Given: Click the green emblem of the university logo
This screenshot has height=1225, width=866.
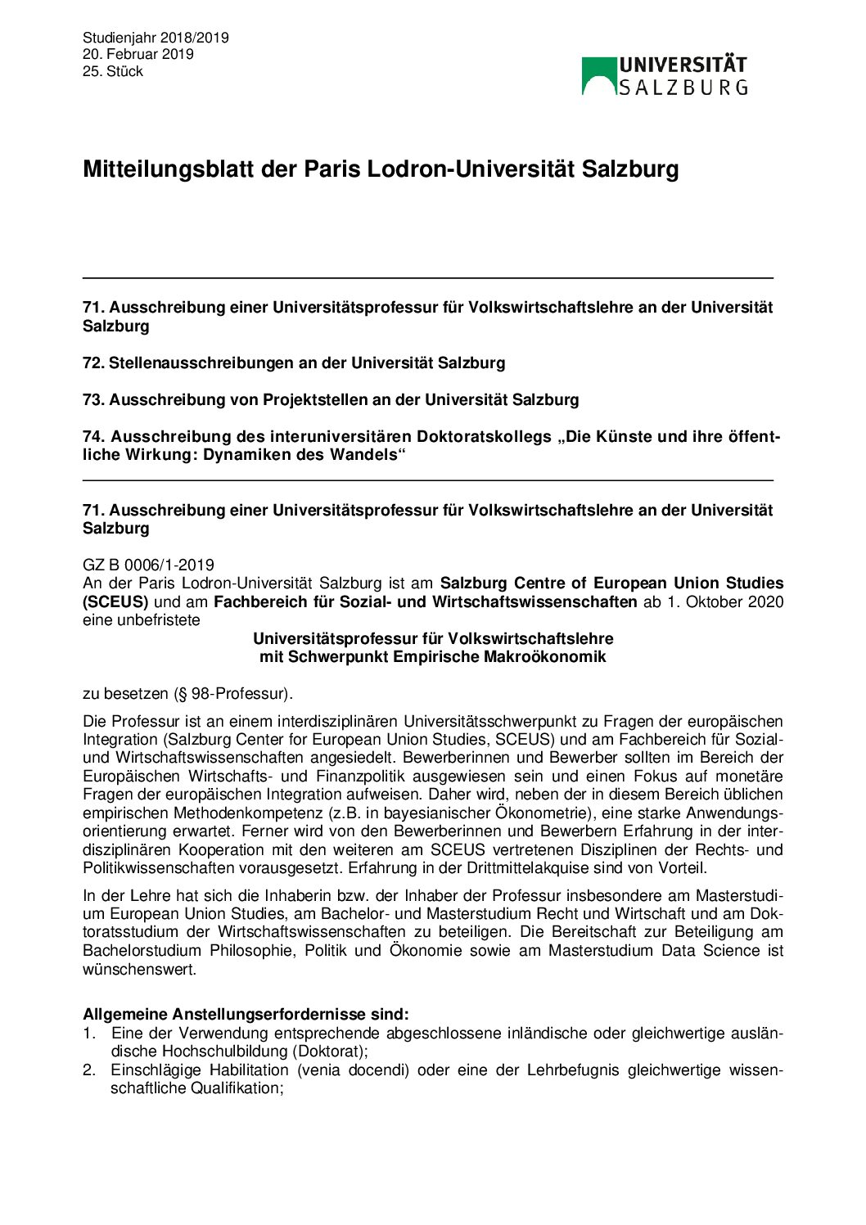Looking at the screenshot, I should [598, 75].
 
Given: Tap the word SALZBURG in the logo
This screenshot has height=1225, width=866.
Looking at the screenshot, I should [683, 88].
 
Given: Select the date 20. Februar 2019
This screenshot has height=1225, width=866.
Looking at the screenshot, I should [138, 54].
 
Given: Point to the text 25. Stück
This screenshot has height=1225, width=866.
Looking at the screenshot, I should [113, 71].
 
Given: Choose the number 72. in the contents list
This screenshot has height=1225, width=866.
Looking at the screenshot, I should [93, 363].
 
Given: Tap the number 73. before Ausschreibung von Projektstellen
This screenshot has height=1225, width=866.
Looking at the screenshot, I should [93, 399].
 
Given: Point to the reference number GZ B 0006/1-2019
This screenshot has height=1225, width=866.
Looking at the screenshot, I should [148, 565].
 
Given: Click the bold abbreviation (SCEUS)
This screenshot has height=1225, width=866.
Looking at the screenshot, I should [115, 601].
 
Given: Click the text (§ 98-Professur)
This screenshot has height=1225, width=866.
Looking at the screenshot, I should [232, 693].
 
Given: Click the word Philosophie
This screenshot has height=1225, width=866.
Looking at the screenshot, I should [252, 950].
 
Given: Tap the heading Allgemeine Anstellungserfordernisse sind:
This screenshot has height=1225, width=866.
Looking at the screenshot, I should [246, 1014].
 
